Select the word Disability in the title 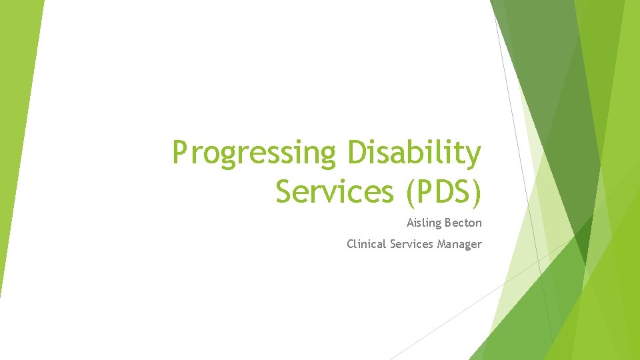pos(413,153)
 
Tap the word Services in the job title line pos(411,244)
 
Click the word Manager pos(459,244)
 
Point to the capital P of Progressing pos(179,153)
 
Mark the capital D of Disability pos(355,153)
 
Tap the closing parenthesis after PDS pos(475,192)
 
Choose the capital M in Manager pos(441,244)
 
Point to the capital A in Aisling pos(410,223)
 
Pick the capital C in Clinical pos(350,244)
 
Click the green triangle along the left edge pos(17,133)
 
